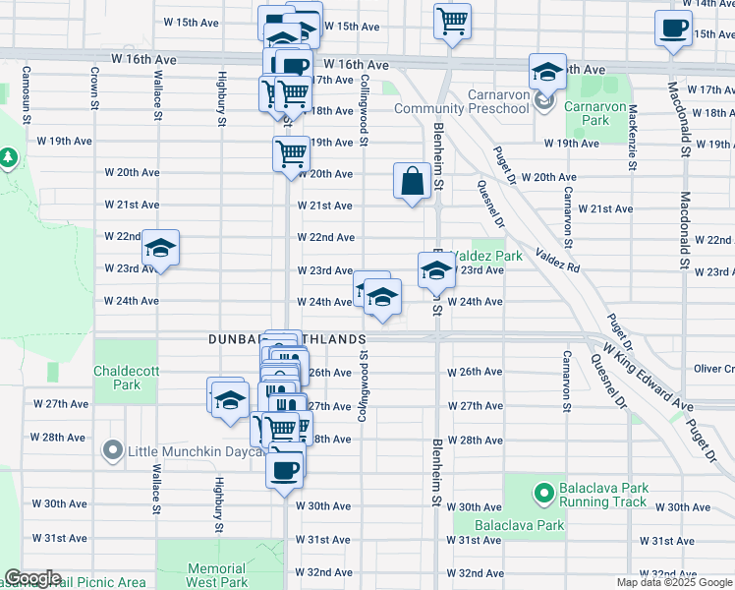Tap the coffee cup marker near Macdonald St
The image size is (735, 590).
click(673, 29)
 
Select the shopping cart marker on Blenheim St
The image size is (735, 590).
click(452, 21)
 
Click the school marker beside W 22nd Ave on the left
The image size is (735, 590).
click(160, 249)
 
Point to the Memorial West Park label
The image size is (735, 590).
click(216, 575)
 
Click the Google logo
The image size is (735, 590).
click(32, 578)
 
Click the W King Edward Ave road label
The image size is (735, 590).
click(649, 374)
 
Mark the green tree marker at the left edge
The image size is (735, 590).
click(8, 157)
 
